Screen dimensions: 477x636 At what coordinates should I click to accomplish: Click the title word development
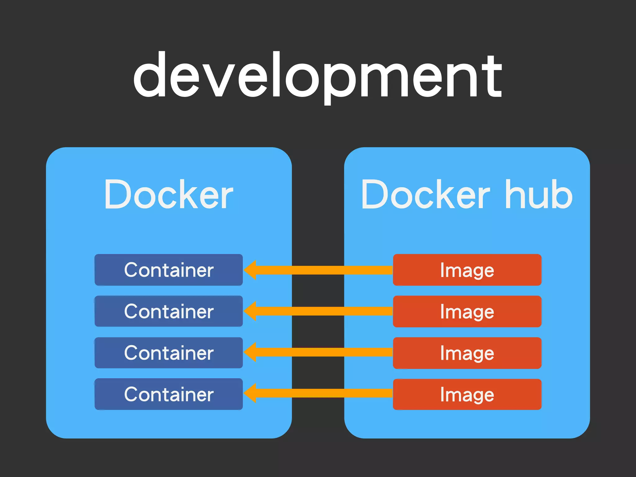click(317, 76)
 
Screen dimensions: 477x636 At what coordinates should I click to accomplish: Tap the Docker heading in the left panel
click(169, 195)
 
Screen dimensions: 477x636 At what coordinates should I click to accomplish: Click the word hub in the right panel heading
click(539, 195)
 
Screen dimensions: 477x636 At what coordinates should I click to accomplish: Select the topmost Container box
click(169, 270)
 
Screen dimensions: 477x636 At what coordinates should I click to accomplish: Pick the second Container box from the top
click(169, 311)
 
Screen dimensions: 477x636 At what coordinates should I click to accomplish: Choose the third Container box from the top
click(169, 353)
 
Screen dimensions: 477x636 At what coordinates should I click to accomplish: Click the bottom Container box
click(169, 394)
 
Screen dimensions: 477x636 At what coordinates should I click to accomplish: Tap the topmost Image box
click(467, 270)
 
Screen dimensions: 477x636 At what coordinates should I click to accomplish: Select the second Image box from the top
click(467, 311)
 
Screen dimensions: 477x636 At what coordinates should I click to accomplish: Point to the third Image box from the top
click(467, 353)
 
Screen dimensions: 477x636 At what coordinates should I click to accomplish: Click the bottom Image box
click(467, 394)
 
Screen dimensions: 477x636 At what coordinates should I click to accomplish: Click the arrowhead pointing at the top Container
click(251, 270)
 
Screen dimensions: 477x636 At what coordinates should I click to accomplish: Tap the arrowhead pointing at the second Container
click(251, 311)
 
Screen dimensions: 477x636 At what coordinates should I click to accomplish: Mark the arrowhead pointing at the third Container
click(251, 352)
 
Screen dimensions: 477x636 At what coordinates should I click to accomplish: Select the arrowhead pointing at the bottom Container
click(251, 393)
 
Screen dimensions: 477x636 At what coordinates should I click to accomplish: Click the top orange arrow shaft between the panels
click(318, 270)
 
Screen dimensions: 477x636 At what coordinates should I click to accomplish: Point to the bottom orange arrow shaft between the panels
click(318, 393)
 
